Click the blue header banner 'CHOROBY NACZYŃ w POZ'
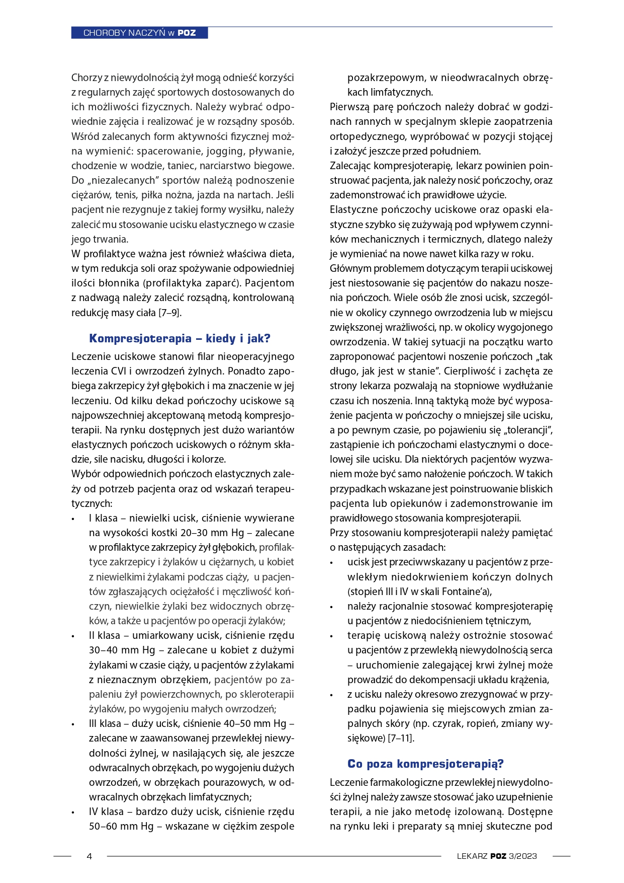click(x=139, y=33)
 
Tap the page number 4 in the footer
click(x=90, y=856)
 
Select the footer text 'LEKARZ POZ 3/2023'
click(x=496, y=856)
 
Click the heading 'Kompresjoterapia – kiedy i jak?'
click(x=180, y=338)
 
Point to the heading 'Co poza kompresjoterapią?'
click(x=425, y=764)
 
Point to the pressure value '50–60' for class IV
click(x=103, y=826)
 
